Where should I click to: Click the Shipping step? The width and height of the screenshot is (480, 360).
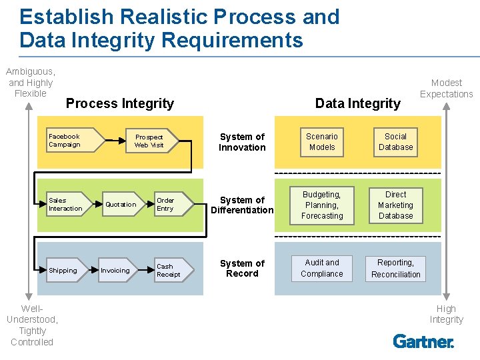(67, 270)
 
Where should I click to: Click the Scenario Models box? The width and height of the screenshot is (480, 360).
(322, 142)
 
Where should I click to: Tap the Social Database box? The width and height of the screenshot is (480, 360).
(396, 142)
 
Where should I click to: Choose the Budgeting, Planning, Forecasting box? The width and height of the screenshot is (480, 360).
(322, 205)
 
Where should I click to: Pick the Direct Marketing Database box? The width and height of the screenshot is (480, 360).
(396, 205)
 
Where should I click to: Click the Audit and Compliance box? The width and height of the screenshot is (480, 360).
(322, 268)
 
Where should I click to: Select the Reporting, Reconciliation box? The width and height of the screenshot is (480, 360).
(396, 269)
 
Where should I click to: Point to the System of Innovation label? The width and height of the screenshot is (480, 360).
(242, 142)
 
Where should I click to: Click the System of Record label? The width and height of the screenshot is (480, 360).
(242, 268)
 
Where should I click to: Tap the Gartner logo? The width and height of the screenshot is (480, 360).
(423, 341)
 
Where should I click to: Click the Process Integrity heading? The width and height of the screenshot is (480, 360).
(120, 103)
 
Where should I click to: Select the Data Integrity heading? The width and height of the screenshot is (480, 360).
(358, 103)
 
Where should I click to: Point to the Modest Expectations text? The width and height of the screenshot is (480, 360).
(447, 88)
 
